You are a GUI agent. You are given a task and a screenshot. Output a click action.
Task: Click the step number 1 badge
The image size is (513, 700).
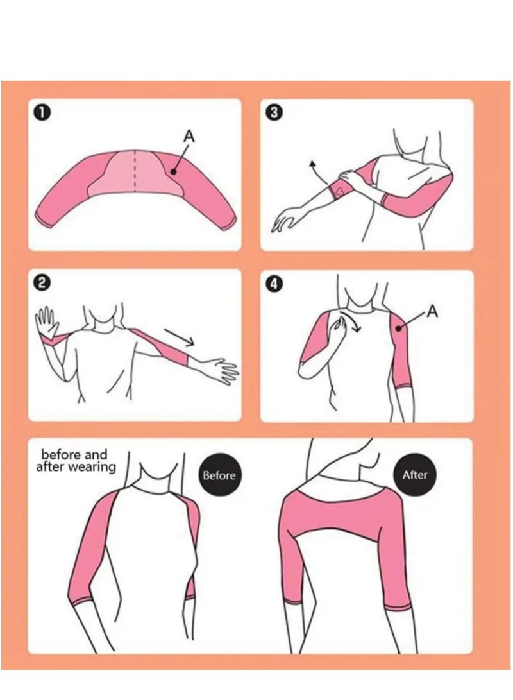click(x=42, y=113)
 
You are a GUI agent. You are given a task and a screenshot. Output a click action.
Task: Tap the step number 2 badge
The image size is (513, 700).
click(x=42, y=283)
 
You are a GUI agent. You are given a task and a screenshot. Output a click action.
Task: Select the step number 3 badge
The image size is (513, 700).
click(x=274, y=113)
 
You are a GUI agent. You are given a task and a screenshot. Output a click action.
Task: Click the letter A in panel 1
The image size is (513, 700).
click(x=189, y=137)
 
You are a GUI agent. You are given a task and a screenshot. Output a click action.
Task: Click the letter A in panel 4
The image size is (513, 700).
click(x=433, y=311)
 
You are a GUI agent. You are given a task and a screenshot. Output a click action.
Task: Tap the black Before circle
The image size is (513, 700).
click(x=219, y=475)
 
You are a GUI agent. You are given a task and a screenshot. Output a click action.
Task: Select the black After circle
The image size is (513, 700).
click(x=414, y=475)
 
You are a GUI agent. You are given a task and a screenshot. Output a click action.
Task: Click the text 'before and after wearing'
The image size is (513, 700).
click(x=76, y=461)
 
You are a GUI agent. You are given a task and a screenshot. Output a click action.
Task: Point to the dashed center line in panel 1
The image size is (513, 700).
click(x=135, y=171)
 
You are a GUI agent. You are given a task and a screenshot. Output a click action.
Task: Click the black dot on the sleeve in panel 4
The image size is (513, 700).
click(x=398, y=329)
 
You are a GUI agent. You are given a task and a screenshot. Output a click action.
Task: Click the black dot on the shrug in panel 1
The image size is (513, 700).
click(x=172, y=171)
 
